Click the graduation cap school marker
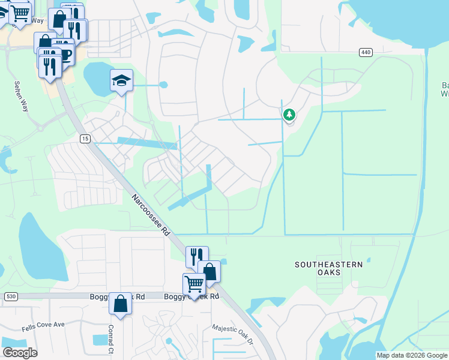[121, 81]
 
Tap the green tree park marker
[289, 114]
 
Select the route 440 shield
[366, 52]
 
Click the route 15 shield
[86, 139]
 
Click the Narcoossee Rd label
[152, 217]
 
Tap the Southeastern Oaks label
[328, 268]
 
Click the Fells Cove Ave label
[43, 325]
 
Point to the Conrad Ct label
[111, 340]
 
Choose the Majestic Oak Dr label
[233, 335]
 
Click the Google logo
[19, 352]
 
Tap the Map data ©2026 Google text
[412, 355]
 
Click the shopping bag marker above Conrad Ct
[120, 304]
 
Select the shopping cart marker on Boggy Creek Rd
[194, 284]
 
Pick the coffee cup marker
[64, 55]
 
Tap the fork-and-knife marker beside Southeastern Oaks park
[196, 257]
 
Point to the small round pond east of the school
[163, 85]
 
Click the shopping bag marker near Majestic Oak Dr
[209, 271]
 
